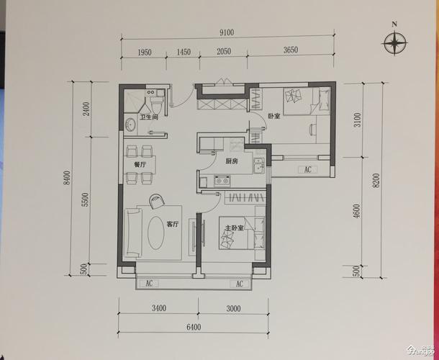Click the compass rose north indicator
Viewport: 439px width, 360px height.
(x=395, y=42)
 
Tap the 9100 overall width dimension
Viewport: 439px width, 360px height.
(x=227, y=33)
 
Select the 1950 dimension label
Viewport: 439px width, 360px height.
(x=145, y=53)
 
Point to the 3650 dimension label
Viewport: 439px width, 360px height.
(x=291, y=50)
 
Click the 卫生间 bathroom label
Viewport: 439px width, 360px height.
(x=149, y=117)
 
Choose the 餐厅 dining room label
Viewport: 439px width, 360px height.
(x=140, y=165)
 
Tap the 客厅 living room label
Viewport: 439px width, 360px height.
(x=173, y=224)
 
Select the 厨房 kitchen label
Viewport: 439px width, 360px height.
(x=232, y=161)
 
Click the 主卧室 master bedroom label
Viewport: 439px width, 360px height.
(x=234, y=228)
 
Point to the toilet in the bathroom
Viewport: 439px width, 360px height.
(x=156, y=102)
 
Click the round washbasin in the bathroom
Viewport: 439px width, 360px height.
(x=130, y=125)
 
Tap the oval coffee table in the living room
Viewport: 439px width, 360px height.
(x=155, y=233)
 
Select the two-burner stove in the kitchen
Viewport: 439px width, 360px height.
(x=222, y=181)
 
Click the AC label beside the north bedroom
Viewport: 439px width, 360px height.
(x=308, y=170)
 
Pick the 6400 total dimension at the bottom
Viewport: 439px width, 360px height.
(x=194, y=327)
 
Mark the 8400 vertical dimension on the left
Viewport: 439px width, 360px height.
(x=67, y=178)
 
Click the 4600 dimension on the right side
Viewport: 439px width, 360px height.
(x=357, y=211)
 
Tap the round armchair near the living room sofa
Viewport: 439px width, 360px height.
(x=157, y=201)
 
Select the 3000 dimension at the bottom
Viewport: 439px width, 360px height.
(x=233, y=308)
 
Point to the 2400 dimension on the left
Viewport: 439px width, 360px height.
(x=86, y=109)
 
